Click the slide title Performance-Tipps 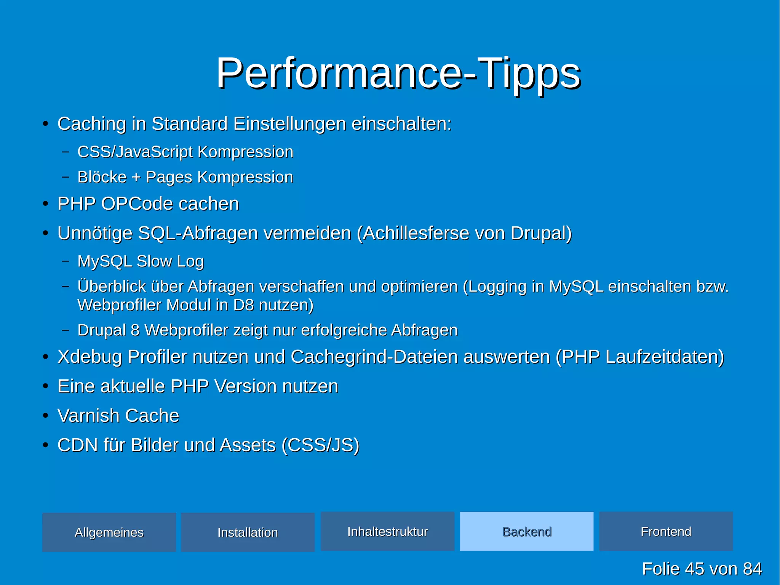398,73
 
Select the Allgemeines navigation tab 109,532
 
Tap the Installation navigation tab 248,532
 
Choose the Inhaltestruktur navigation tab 387,531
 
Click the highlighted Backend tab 527,531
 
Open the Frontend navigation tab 666,531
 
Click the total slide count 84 752,569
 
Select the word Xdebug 90,357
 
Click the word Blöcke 102,177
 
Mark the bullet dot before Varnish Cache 45,415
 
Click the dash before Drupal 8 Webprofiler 66,330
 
